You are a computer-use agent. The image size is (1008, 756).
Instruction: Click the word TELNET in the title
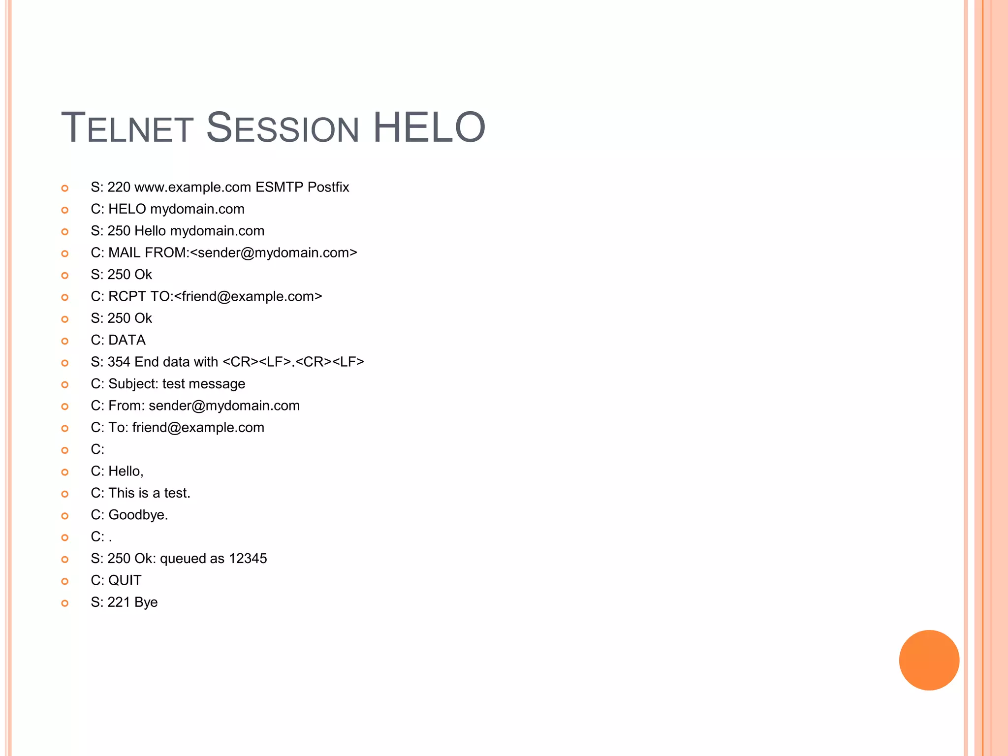(127, 128)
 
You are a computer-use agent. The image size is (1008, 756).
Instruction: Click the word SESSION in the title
(282, 128)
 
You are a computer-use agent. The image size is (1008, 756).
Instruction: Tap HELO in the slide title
(429, 128)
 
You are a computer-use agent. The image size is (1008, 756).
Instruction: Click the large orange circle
(929, 660)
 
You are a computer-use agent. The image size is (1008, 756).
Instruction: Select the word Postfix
(328, 188)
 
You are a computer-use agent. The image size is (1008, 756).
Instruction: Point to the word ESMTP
(279, 188)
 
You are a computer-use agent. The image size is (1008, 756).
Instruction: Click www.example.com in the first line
(192, 188)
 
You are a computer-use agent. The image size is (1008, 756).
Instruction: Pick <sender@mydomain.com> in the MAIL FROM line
(273, 253)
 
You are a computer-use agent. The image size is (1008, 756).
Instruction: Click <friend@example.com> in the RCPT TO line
(248, 297)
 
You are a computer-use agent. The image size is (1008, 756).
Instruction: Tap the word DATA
(127, 340)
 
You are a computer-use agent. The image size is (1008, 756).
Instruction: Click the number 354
(119, 362)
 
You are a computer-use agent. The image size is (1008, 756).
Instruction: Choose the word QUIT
(125, 581)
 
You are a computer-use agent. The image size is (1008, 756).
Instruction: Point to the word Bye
(146, 602)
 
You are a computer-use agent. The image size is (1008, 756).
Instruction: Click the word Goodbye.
(138, 515)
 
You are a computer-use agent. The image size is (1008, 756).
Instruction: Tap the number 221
(119, 602)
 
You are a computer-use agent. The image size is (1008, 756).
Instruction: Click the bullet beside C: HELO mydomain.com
(64, 210)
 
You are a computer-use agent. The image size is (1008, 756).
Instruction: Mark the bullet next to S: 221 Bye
(64, 603)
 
